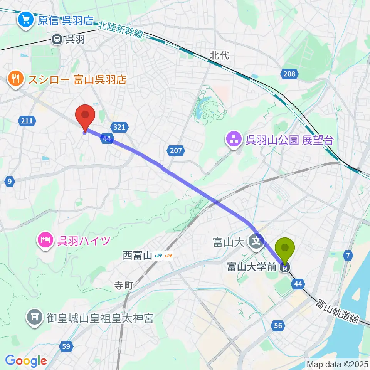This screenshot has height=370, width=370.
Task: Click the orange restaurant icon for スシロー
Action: coord(16,79)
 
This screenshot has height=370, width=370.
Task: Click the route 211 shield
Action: coord(27,121)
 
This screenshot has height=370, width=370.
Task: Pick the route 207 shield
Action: coord(175,151)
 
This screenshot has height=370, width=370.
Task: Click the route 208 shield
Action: coord(289,74)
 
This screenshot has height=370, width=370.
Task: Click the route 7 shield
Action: coord(348,255)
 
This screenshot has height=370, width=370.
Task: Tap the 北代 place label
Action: coord(219,55)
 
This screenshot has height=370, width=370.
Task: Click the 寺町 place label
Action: coord(124,286)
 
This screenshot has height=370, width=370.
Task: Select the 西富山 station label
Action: coord(137,255)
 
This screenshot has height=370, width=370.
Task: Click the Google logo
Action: coord(26,361)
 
